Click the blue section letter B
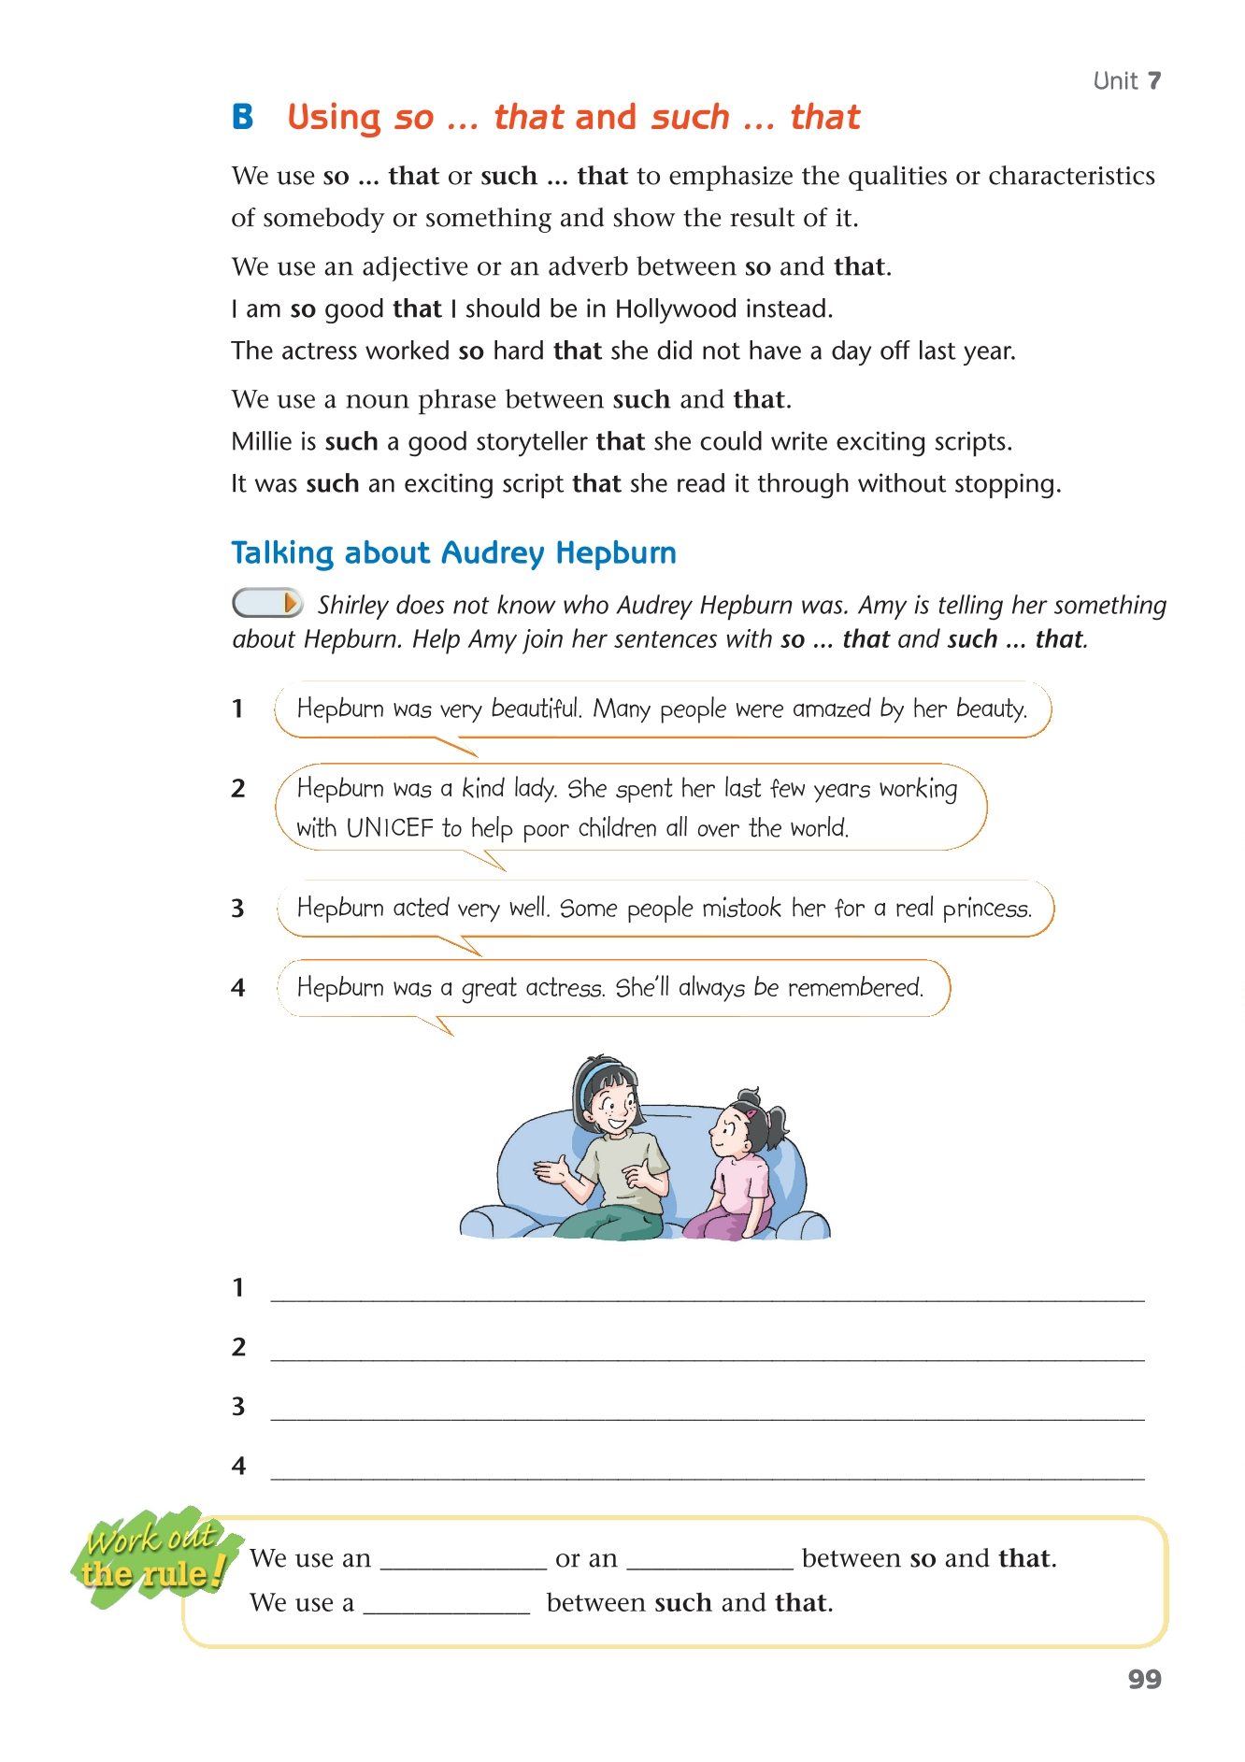click(243, 117)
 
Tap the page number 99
click(1144, 1679)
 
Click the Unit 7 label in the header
click(1126, 81)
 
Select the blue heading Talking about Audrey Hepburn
click(453, 552)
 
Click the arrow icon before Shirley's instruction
click(267, 603)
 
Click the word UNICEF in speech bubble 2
click(390, 828)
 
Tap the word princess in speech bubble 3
click(986, 909)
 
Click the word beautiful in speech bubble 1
click(537, 709)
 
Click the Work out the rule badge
click(151, 1557)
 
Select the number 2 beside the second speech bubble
click(238, 788)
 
